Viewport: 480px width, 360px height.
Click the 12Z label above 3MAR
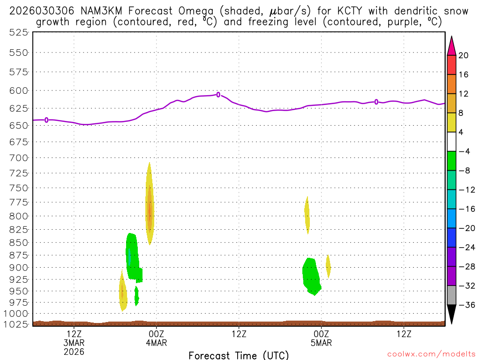[x=75, y=334]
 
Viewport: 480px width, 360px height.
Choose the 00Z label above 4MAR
[x=157, y=334]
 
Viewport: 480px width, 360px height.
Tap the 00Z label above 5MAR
[x=321, y=334]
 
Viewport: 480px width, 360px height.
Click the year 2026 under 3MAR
[x=75, y=351]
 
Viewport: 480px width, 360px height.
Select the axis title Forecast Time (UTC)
[x=239, y=355]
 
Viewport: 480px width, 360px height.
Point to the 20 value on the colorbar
[x=464, y=56]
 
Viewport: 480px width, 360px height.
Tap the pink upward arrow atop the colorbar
[x=451, y=45]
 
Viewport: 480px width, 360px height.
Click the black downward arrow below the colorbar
[x=451, y=315]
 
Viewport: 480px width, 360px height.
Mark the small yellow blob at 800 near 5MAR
[x=307, y=213]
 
